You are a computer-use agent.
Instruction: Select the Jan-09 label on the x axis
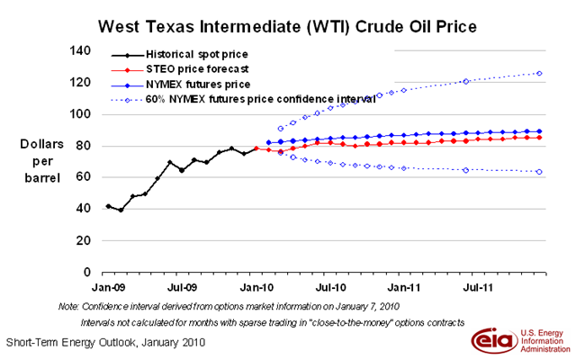tap(108, 287)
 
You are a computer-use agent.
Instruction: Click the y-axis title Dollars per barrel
tap(38, 159)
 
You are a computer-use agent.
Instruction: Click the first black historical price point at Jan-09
tap(108, 206)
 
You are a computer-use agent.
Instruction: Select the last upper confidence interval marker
tap(538, 73)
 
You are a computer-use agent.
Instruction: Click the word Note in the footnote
tap(69, 306)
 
